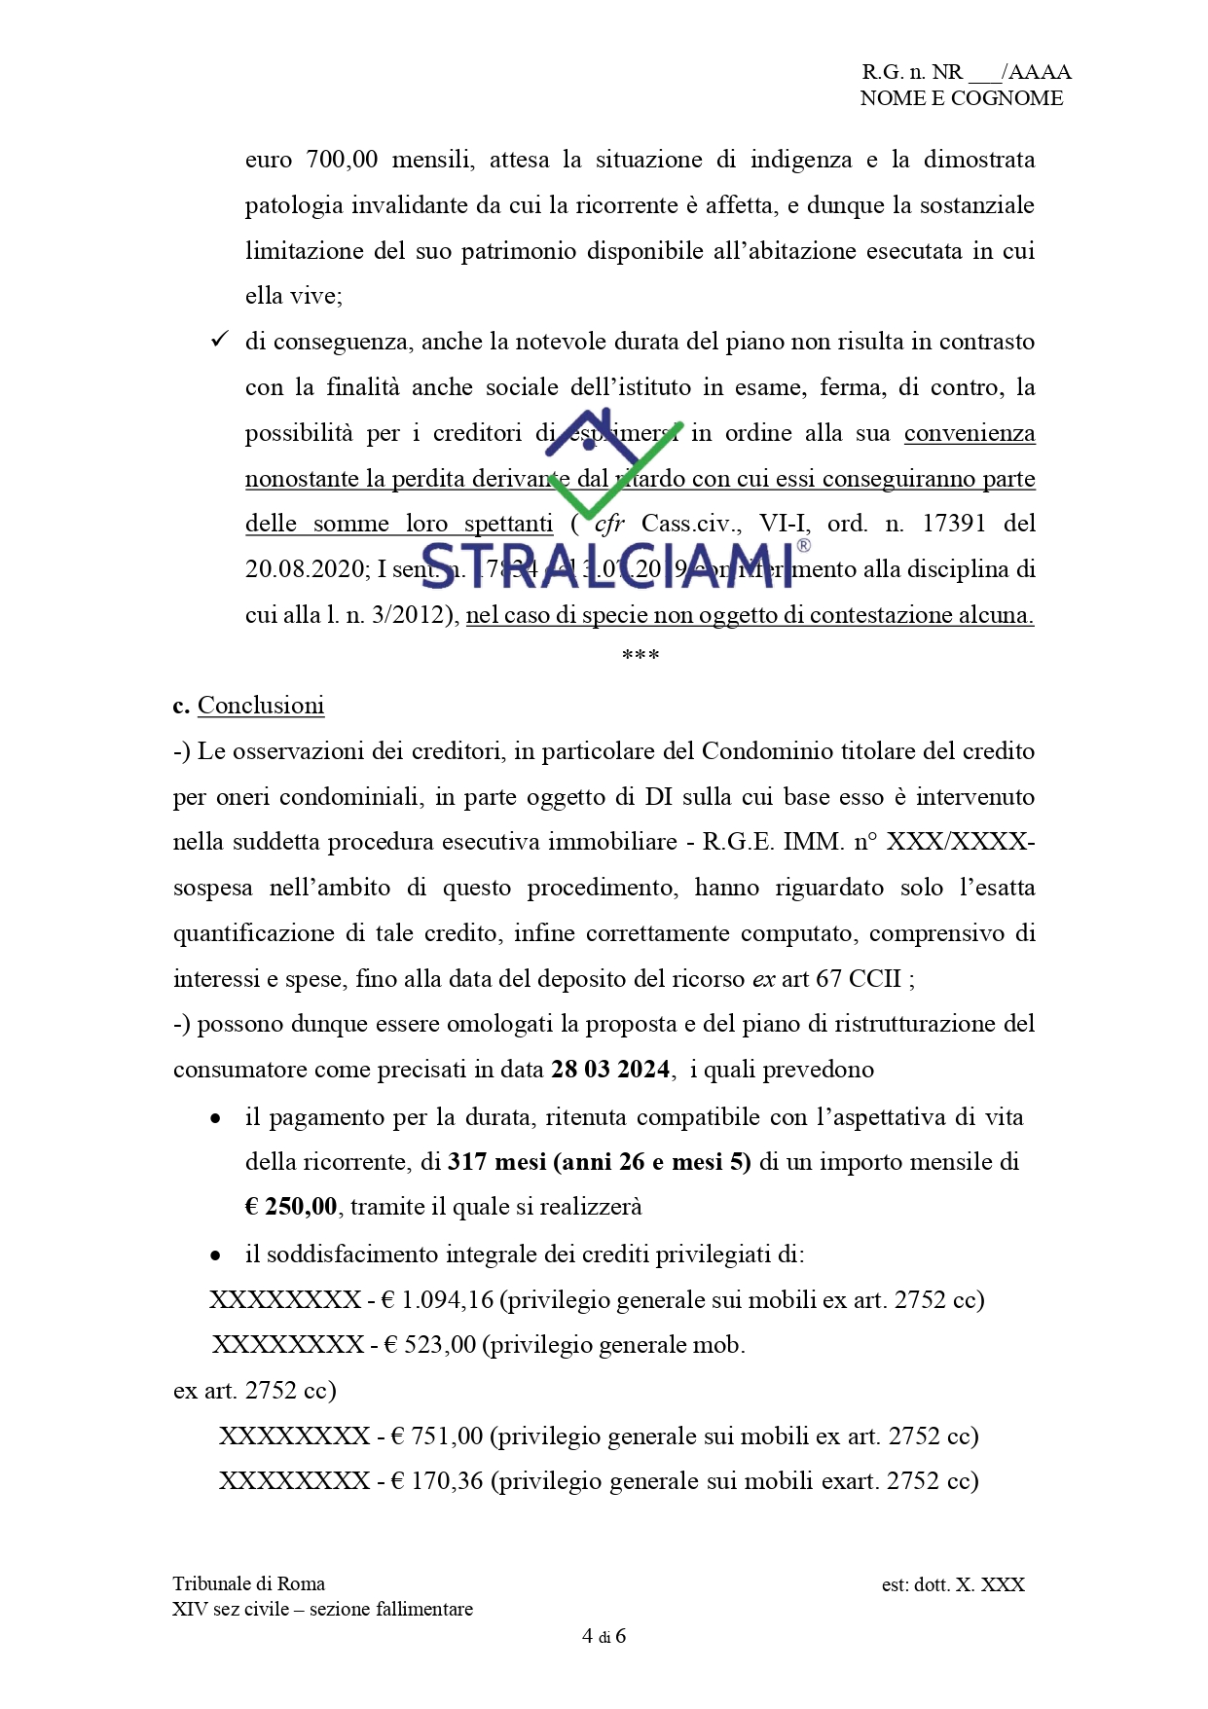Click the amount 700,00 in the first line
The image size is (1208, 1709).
click(342, 160)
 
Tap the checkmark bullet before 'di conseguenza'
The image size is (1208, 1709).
click(220, 340)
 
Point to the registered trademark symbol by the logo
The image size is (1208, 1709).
click(803, 546)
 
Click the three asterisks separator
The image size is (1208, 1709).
click(641, 655)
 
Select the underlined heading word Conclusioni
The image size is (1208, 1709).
click(261, 706)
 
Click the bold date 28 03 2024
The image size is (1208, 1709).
click(610, 1070)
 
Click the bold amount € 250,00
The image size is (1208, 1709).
click(291, 1207)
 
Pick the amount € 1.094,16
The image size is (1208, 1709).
click(437, 1300)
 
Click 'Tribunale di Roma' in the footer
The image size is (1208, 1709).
click(249, 1583)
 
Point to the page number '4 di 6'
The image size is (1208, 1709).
click(604, 1636)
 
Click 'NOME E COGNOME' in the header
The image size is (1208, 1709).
click(961, 98)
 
